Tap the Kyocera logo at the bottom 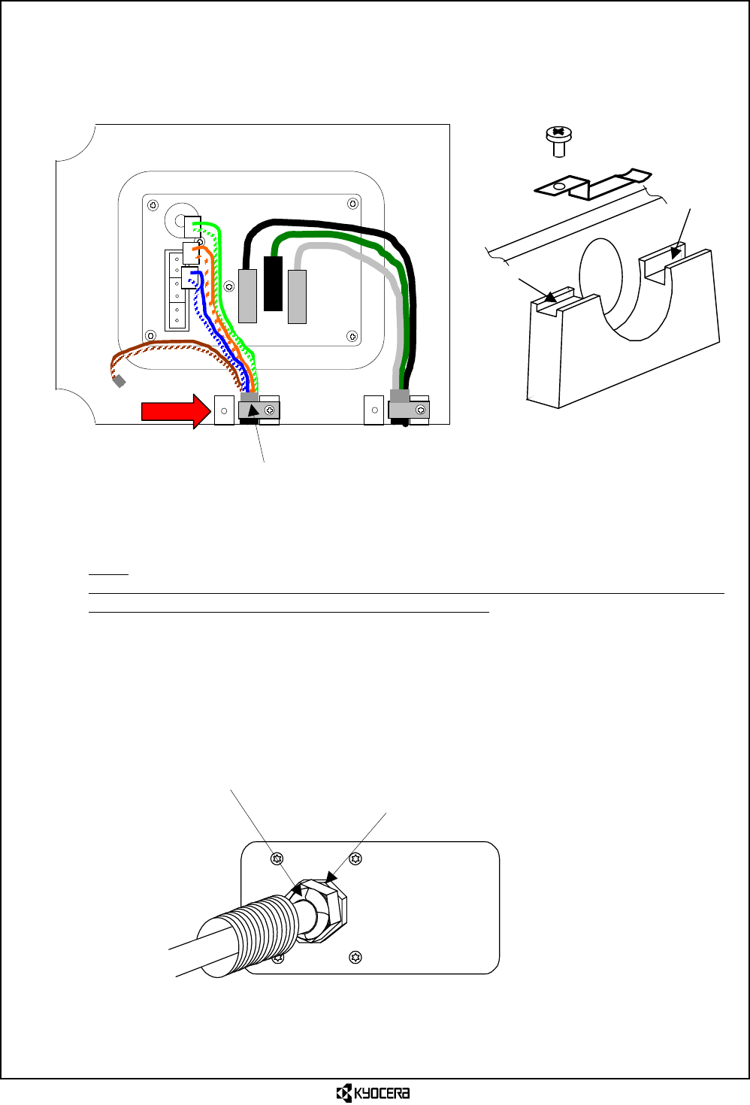coord(373,1093)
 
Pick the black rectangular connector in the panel coord(273,283)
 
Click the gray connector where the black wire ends coord(247,295)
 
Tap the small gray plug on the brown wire coord(119,381)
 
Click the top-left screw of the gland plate coord(277,859)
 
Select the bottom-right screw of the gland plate coord(355,957)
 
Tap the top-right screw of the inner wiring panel coord(352,204)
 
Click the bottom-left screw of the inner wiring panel coord(151,335)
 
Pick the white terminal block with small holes coord(177,290)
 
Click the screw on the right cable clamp coord(421,410)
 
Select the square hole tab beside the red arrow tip coord(224,411)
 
